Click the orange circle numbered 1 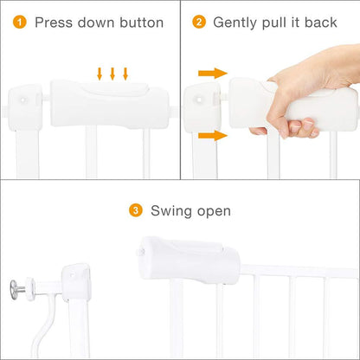pos(20,22)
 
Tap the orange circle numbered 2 pos(199,22)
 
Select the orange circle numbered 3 pos(136,210)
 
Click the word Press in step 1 pos(54,22)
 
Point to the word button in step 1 pos(142,22)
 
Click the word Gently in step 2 pos(235,23)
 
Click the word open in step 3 pos(214,212)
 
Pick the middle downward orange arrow pos(112,74)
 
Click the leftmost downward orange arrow pos(100,74)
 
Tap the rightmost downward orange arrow pos(125,74)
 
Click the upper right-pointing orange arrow pos(213,74)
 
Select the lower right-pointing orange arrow pos(213,136)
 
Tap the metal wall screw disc pos(14,290)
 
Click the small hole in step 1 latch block pos(22,100)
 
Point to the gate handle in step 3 pos(190,260)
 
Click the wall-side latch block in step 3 pos(76,282)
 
